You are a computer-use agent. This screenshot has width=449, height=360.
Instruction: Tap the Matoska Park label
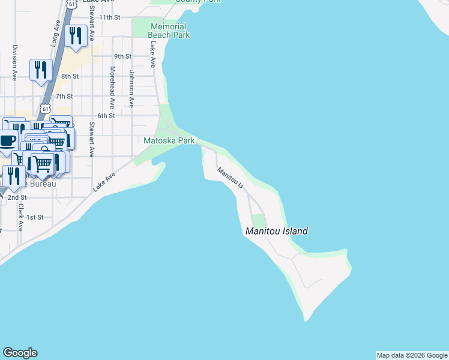tap(169, 140)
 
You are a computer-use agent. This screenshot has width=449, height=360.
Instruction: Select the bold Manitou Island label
tap(277, 231)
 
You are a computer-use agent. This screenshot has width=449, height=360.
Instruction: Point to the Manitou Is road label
tap(231, 179)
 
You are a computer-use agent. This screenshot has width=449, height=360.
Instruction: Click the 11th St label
tap(110, 17)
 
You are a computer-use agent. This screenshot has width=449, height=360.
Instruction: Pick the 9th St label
tap(122, 56)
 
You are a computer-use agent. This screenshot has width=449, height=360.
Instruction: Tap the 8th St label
tap(70, 76)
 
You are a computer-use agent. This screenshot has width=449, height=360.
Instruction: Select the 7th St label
tap(64, 96)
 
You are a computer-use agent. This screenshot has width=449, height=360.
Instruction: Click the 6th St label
tap(106, 116)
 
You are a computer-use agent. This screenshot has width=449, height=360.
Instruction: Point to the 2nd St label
tap(17, 197)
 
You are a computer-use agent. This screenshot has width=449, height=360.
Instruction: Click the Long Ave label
tap(55, 35)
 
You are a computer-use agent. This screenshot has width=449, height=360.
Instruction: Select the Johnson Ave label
tap(131, 89)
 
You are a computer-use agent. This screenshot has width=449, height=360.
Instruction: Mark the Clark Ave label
tap(20, 218)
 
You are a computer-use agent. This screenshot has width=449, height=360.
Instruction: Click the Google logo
tap(20, 353)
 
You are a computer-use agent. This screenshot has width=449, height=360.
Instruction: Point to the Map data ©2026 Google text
tap(412, 355)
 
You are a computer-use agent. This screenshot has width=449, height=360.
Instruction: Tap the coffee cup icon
tap(7, 142)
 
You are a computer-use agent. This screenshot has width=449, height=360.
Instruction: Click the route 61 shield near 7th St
tap(46, 108)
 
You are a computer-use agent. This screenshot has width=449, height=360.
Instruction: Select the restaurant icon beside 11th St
tap(75, 36)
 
